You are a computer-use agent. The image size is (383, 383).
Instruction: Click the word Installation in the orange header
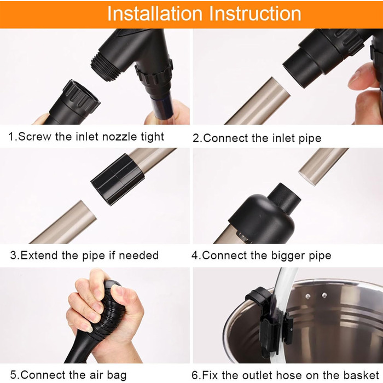click(x=155, y=14)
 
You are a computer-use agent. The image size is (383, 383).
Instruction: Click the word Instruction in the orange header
click(x=255, y=14)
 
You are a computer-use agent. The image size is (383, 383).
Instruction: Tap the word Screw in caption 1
click(x=34, y=136)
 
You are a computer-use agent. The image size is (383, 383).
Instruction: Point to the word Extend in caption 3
click(x=39, y=256)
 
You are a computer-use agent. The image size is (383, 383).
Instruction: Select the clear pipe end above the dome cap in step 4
click(x=323, y=166)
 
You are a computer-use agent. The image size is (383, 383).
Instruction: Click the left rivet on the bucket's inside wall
click(x=307, y=297)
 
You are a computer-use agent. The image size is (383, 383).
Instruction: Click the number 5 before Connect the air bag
click(x=14, y=375)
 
